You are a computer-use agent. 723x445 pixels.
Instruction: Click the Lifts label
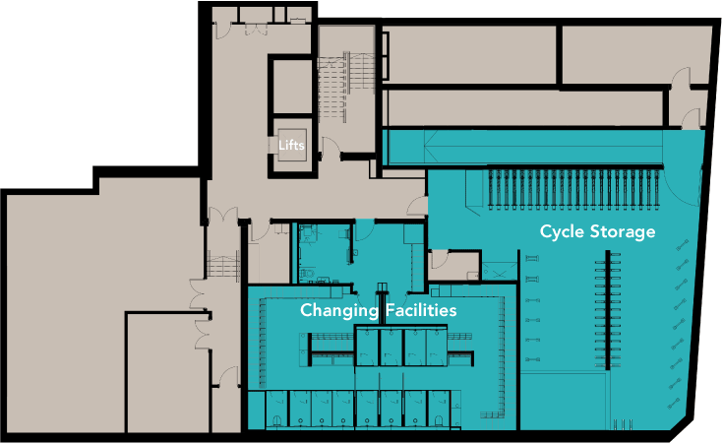pyautogui.click(x=291, y=146)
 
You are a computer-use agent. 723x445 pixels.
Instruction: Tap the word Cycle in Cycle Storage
pyautogui.click(x=565, y=232)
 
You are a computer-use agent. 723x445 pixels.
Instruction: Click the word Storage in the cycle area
pyautogui.click(x=624, y=233)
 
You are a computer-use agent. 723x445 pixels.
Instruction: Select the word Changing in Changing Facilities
pyautogui.click(x=338, y=310)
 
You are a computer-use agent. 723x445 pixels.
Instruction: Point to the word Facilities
pyautogui.click(x=420, y=310)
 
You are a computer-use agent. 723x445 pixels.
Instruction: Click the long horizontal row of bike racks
pyautogui.click(x=571, y=187)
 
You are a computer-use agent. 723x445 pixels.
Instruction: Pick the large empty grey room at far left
pyautogui.click(x=98, y=295)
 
